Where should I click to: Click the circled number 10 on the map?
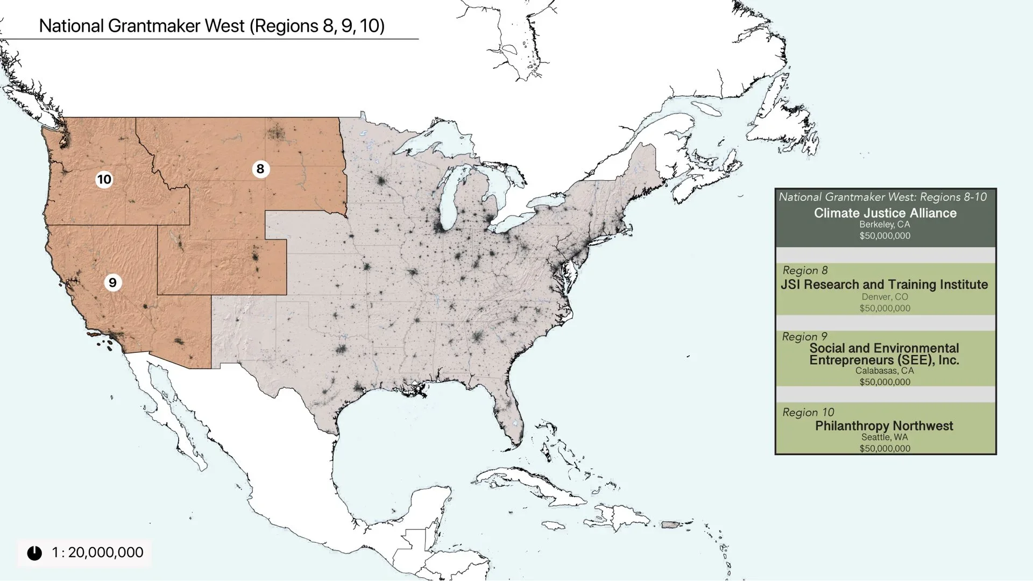[104, 179]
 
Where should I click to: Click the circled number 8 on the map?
[260, 169]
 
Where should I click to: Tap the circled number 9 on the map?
[112, 283]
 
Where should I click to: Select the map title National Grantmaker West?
[211, 26]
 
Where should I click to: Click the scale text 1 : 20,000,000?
[97, 552]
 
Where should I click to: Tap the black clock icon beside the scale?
[34, 553]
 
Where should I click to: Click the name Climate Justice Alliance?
[885, 213]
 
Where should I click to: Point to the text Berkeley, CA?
[885, 224]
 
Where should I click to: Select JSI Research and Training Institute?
[884, 285]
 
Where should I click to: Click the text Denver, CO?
[885, 297]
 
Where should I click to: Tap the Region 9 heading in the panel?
[804, 337]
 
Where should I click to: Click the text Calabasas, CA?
[885, 371]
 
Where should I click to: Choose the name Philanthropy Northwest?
[884, 426]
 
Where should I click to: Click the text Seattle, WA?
[885, 437]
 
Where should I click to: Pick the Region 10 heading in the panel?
[808, 413]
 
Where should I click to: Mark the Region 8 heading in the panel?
[805, 271]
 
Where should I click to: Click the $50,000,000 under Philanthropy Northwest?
[885, 449]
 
